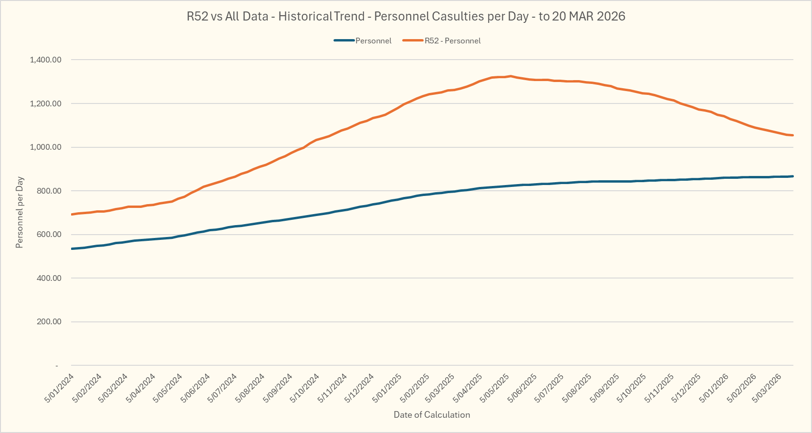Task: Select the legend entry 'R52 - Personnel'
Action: (452, 41)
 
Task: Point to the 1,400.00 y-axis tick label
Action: (45, 60)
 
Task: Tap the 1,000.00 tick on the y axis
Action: (45, 147)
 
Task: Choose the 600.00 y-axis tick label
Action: (49, 235)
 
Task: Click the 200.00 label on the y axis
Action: (49, 322)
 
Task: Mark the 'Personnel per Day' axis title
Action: (20, 213)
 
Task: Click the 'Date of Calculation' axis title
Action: (432, 415)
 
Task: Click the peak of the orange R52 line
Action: (510, 76)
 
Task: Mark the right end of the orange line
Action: (792, 135)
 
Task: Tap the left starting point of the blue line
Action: (72, 248)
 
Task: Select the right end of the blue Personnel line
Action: (792, 176)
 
